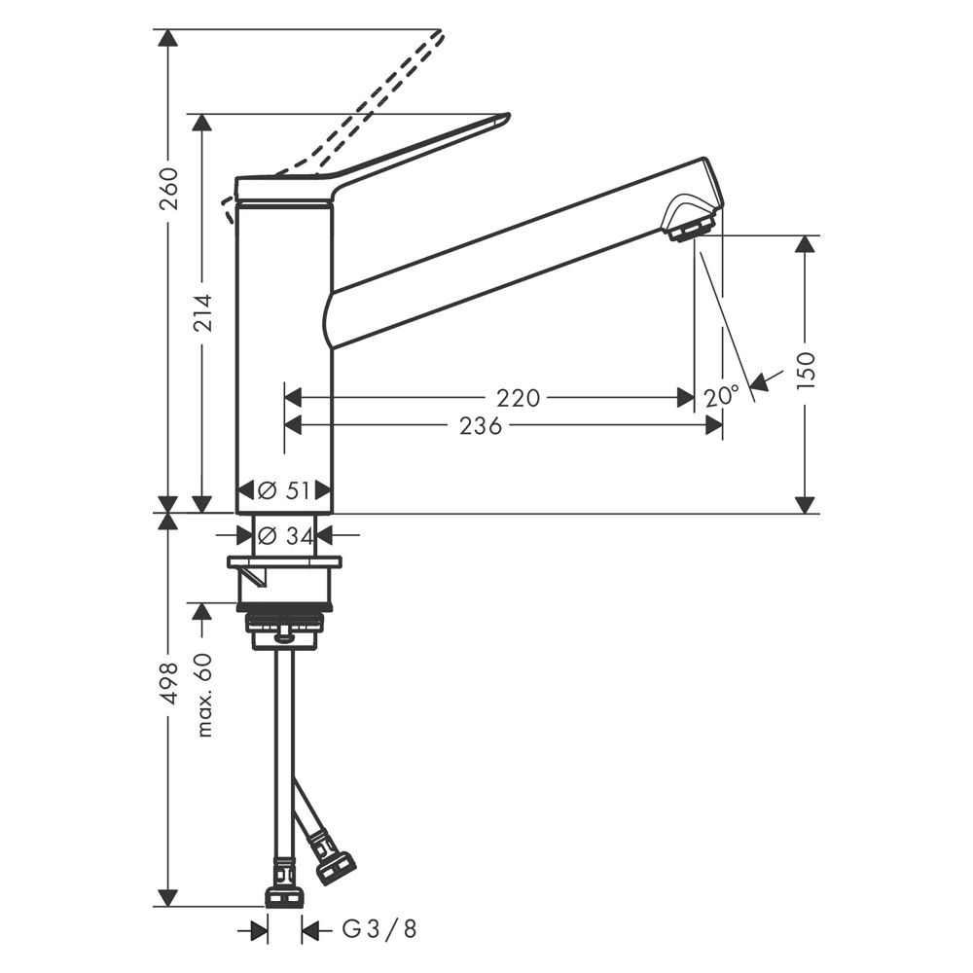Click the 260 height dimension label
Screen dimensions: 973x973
click(168, 188)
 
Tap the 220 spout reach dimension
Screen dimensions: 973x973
click(519, 398)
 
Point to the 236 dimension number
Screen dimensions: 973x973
click(481, 426)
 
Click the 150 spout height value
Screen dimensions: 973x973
click(806, 370)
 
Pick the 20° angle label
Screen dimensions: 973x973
click(722, 395)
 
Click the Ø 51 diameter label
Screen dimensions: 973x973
click(283, 490)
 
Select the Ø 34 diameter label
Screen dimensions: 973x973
click(285, 534)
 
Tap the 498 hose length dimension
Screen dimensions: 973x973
click(168, 683)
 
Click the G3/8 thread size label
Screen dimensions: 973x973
click(379, 929)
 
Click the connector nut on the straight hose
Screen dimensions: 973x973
click(285, 897)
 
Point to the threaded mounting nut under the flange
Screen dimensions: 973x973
click(285, 624)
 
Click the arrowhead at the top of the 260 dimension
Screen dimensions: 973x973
click(167, 37)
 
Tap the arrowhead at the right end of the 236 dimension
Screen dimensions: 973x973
click(713, 425)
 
